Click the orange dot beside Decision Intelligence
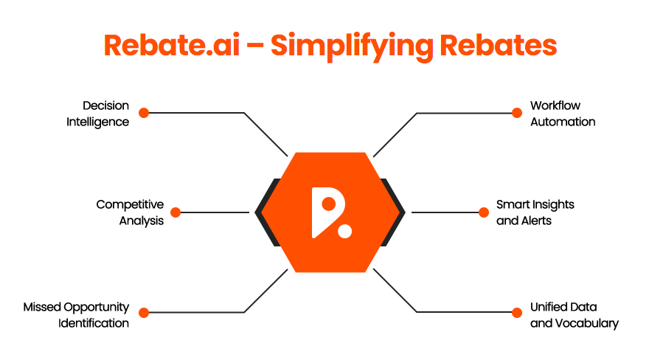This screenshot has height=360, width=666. point(144,113)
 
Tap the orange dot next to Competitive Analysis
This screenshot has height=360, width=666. point(176,212)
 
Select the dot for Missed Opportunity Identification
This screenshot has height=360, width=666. point(144,312)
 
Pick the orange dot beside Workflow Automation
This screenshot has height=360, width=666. point(516,113)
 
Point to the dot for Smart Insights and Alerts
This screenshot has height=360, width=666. point(484,212)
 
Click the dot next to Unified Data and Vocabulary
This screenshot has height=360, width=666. point(516,312)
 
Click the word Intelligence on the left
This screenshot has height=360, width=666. point(98,122)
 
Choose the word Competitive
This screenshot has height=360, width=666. point(130,204)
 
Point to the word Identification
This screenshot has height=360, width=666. point(94,322)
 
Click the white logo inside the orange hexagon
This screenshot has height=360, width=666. point(330,212)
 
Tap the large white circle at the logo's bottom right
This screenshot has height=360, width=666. point(344,230)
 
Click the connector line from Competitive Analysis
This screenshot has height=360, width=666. point(215,212)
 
